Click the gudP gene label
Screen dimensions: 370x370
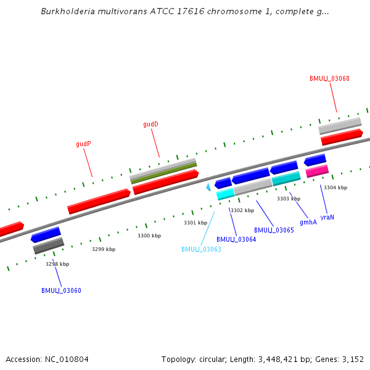(83, 144)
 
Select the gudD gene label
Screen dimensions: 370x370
(150, 124)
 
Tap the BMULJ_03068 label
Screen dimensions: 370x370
(329, 78)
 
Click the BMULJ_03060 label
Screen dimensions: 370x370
(61, 290)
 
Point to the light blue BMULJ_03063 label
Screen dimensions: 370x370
(201, 249)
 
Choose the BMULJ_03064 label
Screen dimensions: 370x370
(236, 239)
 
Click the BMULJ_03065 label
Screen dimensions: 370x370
(274, 230)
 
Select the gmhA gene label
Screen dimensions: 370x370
(308, 222)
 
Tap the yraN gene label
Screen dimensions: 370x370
(327, 217)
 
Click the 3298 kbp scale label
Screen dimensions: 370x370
(57, 264)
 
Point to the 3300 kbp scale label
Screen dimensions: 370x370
(149, 236)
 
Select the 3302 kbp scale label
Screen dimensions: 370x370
(242, 210)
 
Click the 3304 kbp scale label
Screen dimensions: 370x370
(335, 187)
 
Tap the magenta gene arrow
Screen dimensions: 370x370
(317, 171)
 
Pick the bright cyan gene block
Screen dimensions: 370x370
(225, 194)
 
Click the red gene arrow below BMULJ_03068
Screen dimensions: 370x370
(342, 137)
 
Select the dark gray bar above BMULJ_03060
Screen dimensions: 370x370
(49, 245)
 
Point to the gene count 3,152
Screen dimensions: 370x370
(353, 359)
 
